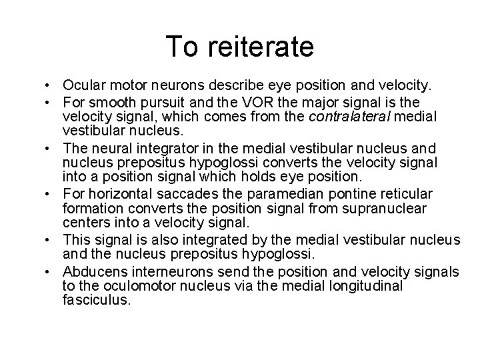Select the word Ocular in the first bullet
coord(82,85)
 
